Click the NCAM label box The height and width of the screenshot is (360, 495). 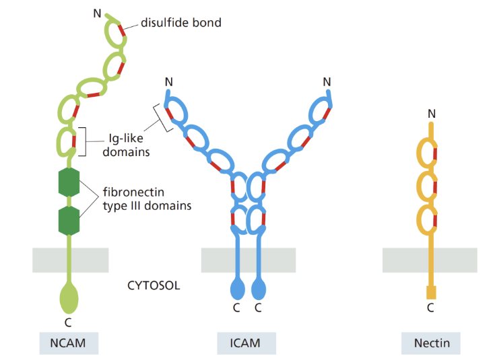point(69,343)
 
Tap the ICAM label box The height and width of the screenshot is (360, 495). point(246,343)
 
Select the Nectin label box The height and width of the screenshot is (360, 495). point(430,343)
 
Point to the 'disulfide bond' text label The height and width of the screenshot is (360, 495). point(180,23)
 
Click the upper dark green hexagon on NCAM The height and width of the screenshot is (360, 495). point(69,182)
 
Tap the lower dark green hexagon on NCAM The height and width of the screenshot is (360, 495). point(69,220)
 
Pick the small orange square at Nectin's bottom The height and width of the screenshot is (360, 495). point(431,293)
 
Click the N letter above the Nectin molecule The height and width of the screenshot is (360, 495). point(431,114)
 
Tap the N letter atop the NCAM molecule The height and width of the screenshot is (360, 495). point(97,12)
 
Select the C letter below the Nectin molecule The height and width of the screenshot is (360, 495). point(431,308)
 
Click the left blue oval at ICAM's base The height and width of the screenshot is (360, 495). point(238,290)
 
